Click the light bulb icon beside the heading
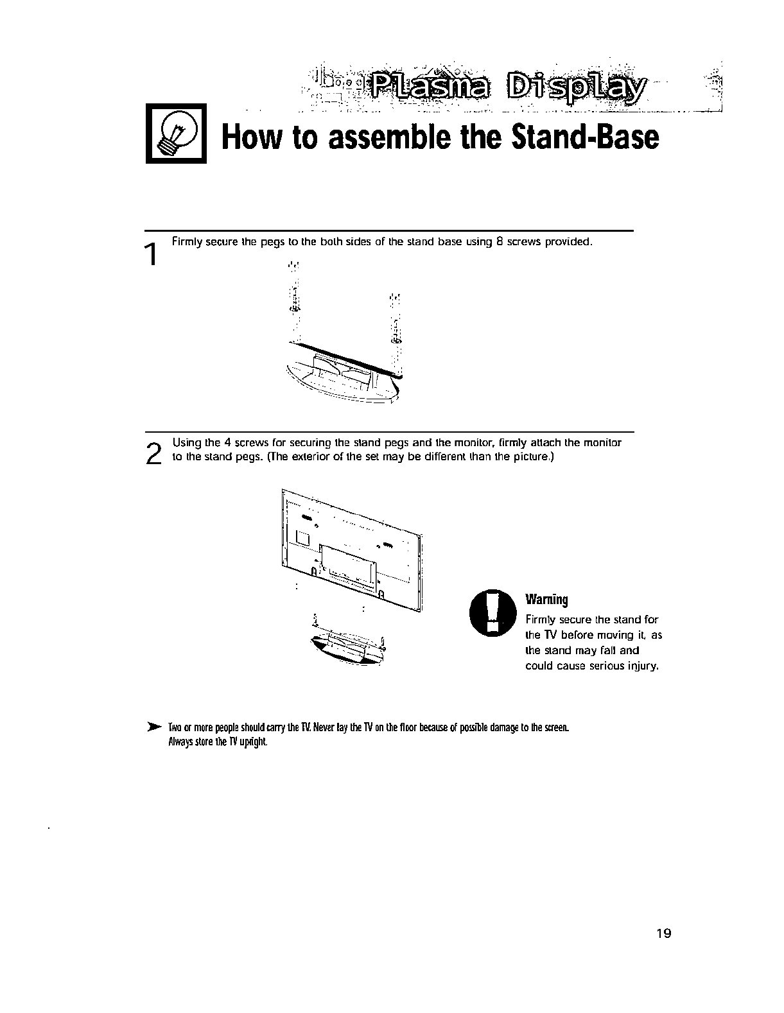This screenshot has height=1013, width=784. click(175, 134)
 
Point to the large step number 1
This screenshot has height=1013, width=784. click(152, 255)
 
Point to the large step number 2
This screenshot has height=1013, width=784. click(153, 455)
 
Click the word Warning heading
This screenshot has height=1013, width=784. click(547, 600)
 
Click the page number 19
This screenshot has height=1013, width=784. click(663, 933)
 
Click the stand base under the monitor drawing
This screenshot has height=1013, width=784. click(347, 648)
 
